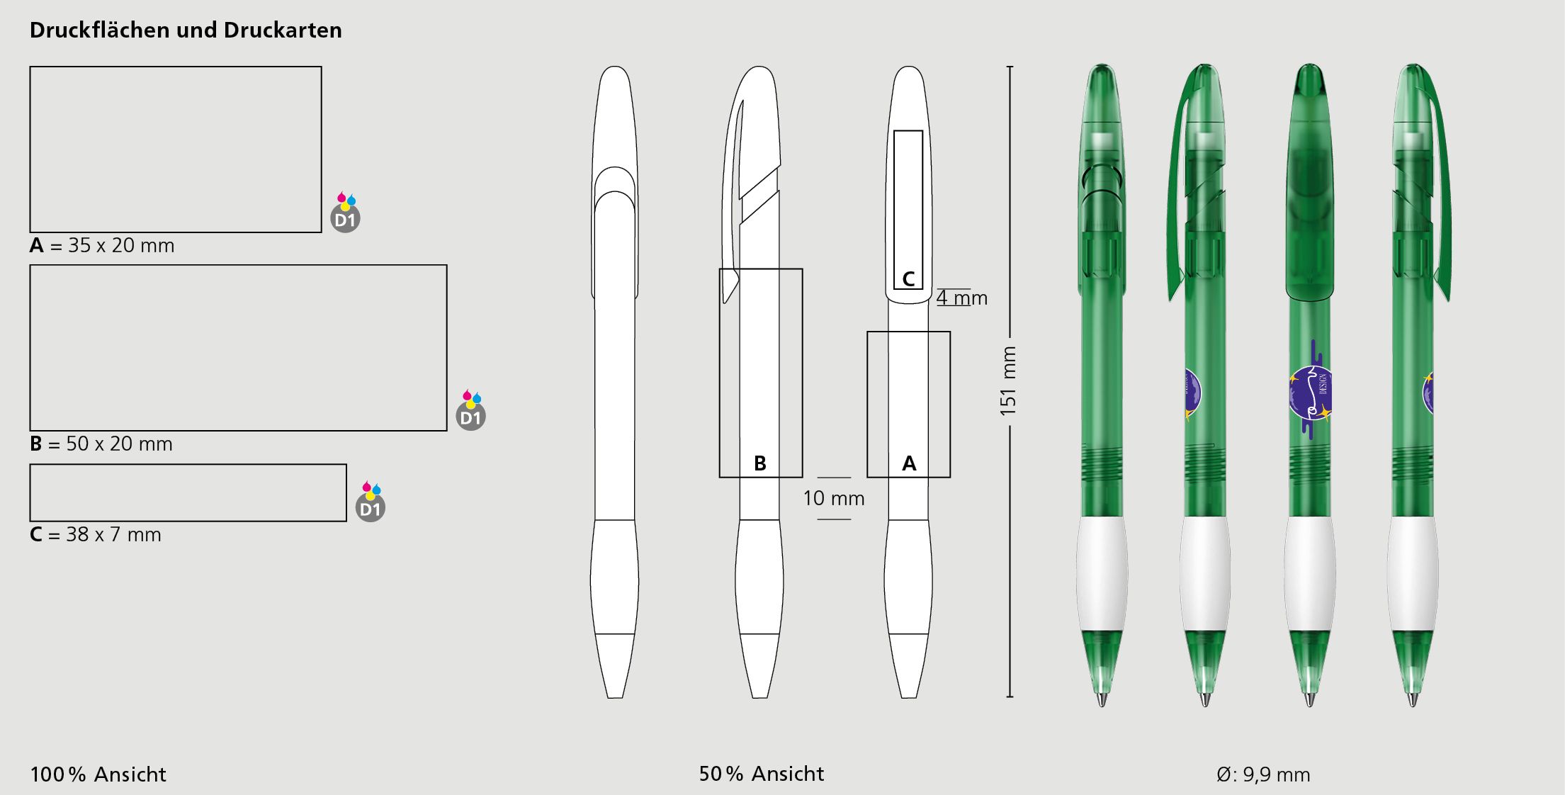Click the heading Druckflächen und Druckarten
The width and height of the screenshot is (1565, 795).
pyautogui.click(x=186, y=30)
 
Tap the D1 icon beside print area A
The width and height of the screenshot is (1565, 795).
pyautogui.click(x=346, y=213)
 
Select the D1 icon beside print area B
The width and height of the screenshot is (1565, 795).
pyautogui.click(x=471, y=410)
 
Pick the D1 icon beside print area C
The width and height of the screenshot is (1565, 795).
pyautogui.click(x=371, y=502)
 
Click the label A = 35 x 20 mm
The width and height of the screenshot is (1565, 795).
pyautogui.click(x=102, y=245)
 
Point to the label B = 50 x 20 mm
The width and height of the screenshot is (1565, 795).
pyautogui.click(x=101, y=444)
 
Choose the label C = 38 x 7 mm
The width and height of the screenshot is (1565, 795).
pyautogui.click(x=96, y=534)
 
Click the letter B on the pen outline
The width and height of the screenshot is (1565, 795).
pyautogui.click(x=760, y=463)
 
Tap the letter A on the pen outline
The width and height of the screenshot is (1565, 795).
pyautogui.click(x=909, y=463)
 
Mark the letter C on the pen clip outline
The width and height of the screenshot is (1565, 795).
pyautogui.click(x=908, y=278)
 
